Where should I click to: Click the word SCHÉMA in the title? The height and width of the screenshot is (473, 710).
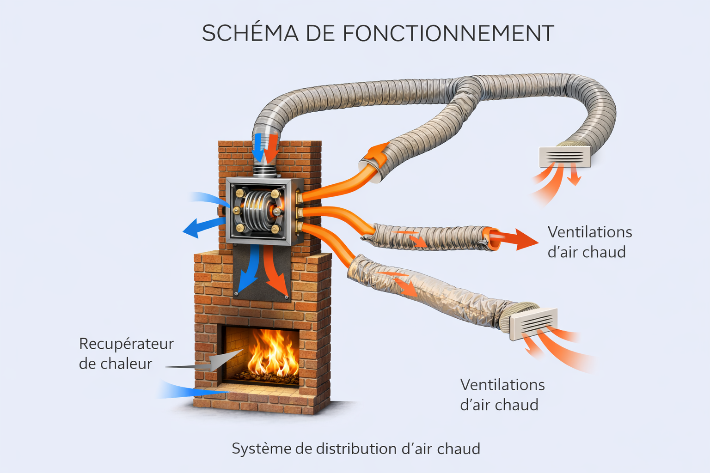(250, 33)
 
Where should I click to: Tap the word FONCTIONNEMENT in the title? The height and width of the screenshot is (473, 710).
(448, 33)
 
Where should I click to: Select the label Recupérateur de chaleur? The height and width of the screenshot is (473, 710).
(126, 353)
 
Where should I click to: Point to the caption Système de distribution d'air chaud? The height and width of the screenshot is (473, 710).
(355, 449)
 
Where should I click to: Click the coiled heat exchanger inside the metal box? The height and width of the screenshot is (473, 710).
(257, 211)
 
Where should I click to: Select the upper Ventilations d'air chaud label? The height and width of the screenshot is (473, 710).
(589, 242)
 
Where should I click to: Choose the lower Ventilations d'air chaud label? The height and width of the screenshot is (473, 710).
(502, 394)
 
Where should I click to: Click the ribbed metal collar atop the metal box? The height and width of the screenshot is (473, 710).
(265, 171)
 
